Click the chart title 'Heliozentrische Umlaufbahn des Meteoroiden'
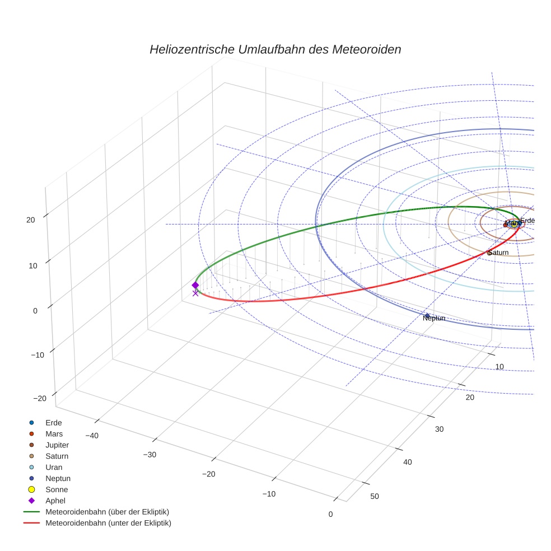pos(275,49)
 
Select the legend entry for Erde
pos(54,422)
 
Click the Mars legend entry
pos(54,433)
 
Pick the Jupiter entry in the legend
pos(57,445)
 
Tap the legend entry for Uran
pos(54,467)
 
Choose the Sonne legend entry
pos(57,489)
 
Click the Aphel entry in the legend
pos(55,501)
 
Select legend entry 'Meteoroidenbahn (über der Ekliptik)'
pos(107,512)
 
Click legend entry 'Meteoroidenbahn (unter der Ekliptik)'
pos(108,523)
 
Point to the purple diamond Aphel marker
pos(195,285)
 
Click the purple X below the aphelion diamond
pos(195,293)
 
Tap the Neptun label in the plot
pos(434,318)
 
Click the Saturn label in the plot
pos(498,253)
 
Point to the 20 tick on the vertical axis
pos(30,220)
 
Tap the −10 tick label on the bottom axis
pos(269,494)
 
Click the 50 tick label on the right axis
pos(375,496)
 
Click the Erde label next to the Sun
pos(527,221)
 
